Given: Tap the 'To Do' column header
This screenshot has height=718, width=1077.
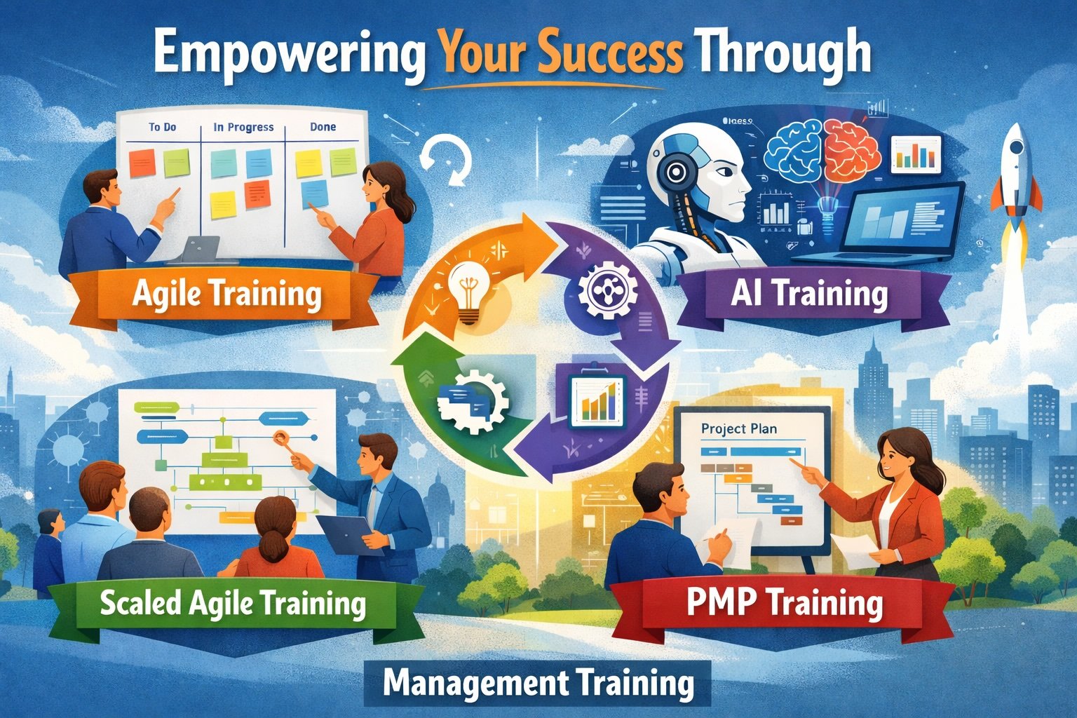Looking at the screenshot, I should pos(162,128).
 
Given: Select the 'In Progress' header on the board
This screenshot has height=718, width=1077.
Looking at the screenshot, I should pos(243,128).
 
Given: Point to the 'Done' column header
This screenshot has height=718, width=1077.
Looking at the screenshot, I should pos(323,127).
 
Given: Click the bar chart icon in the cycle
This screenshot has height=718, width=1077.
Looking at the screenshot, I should pos(597,400).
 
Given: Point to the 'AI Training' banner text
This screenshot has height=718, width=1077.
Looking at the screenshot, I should pos(808,294).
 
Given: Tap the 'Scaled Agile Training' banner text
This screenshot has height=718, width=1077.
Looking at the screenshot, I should pos(233,603).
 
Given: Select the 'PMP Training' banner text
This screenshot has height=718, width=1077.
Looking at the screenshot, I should pos(784,602).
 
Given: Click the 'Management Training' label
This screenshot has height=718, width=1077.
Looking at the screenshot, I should pos(538,684).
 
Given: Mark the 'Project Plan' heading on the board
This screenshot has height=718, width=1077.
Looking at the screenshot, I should pos(738,428).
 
